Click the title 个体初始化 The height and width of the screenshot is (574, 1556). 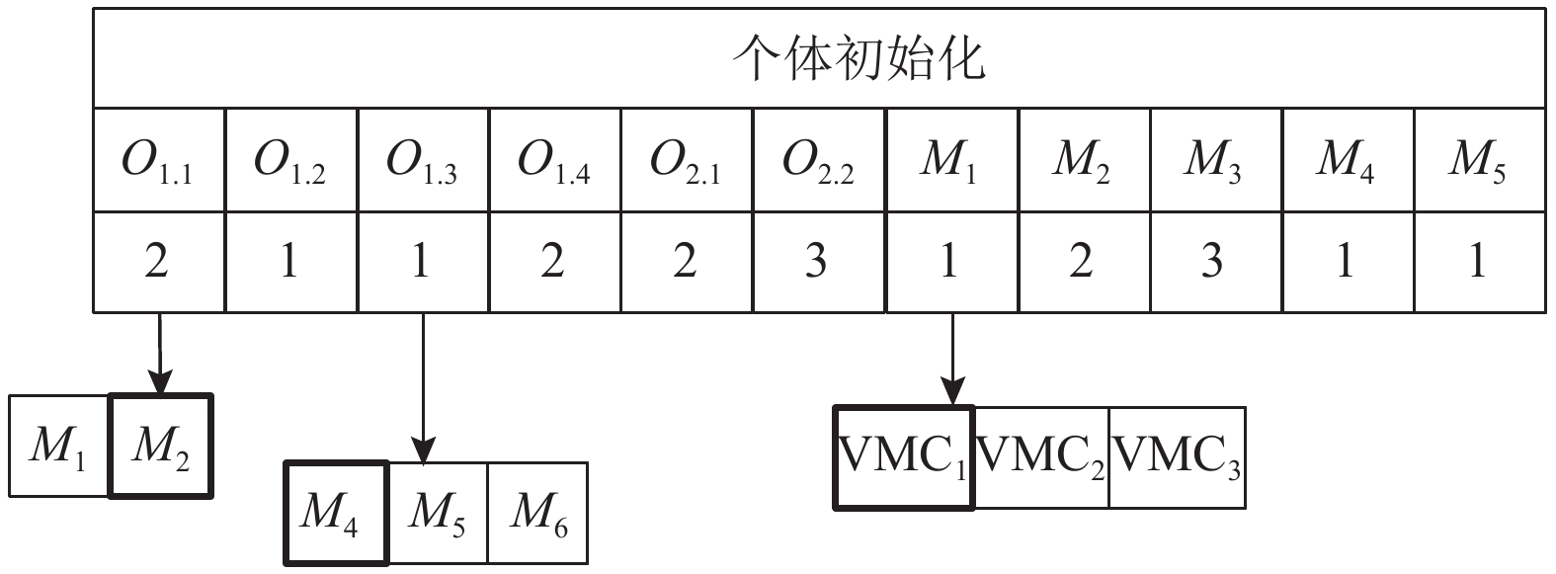coord(860,59)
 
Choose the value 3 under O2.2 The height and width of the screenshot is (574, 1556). coord(819,262)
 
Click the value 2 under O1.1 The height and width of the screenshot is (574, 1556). coord(159,262)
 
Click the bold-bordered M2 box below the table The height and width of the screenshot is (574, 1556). coord(160,447)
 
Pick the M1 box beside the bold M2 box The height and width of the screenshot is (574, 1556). coord(58,447)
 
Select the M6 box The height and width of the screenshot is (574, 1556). coord(538,513)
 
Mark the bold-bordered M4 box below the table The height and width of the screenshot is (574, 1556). coord(336,513)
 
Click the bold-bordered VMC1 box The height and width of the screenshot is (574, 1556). coord(903,457)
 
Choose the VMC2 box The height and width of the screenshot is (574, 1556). coord(1041,457)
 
